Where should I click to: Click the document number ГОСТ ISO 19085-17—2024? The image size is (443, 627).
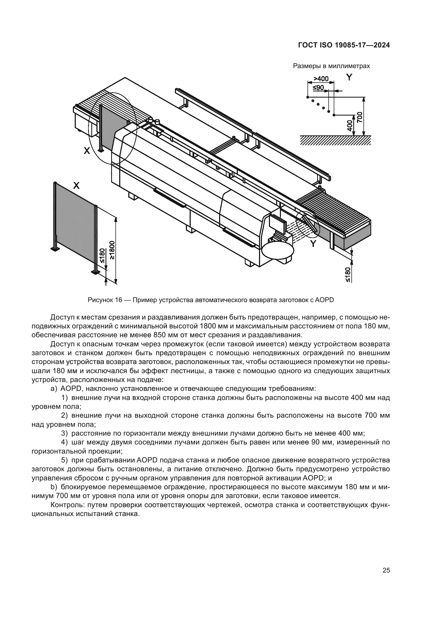(344, 45)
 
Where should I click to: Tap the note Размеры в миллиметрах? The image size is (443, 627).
(331, 66)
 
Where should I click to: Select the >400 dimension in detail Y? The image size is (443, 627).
(321, 79)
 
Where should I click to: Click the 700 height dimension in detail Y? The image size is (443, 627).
(360, 117)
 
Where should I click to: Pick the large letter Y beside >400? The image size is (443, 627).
(349, 77)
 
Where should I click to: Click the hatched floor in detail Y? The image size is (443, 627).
(336, 140)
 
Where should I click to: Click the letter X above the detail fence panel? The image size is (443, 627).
(77, 186)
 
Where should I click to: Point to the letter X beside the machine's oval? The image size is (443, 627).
(87, 150)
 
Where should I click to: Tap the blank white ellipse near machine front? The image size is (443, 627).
(278, 250)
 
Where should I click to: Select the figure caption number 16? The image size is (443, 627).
(118, 300)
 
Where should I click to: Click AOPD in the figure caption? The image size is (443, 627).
(324, 300)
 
